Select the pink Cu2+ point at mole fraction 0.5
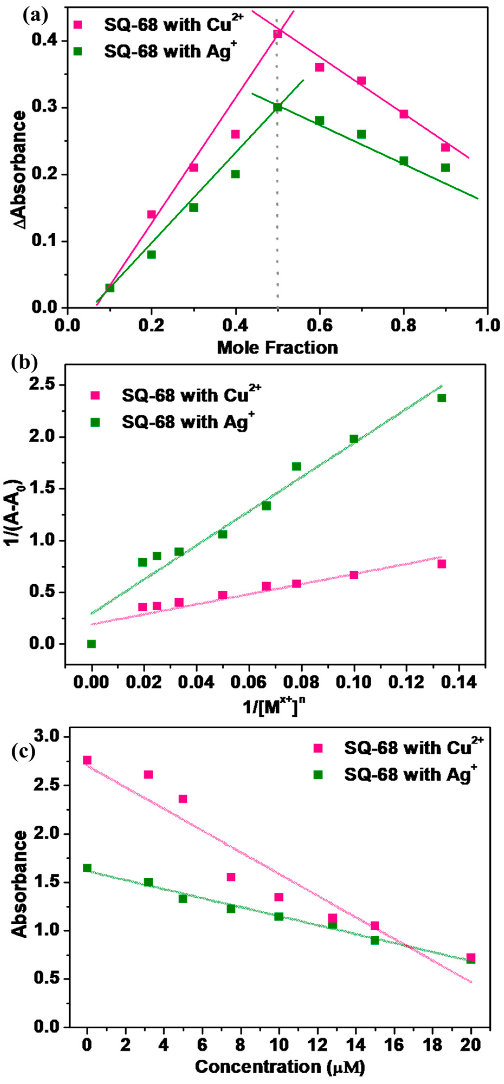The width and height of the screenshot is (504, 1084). click(277, 33)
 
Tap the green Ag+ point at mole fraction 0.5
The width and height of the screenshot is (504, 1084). click(277, 107)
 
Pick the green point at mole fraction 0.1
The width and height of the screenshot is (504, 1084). click(110, 288)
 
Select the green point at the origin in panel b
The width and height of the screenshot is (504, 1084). click(91, 644)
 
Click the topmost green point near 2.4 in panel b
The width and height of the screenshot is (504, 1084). click(441, 398)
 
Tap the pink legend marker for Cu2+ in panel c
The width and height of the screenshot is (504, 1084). click(318, 748)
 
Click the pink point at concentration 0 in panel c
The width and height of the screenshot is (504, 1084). click(87, 760)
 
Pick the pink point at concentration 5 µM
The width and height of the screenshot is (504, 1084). click(183, 799)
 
